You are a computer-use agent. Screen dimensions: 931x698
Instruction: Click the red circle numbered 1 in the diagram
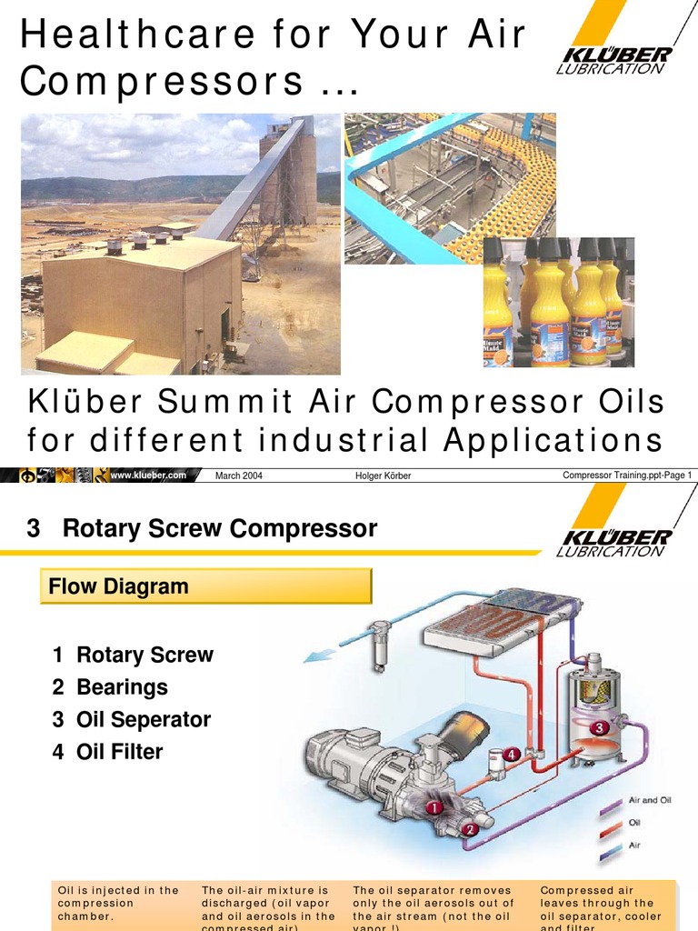(x=434, y=806)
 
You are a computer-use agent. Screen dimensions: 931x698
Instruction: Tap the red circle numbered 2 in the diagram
(x=469, y=829)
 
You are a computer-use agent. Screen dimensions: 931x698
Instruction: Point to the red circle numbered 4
(x=512, y=754)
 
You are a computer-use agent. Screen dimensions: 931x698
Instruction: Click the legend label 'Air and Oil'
(x=650, y=801)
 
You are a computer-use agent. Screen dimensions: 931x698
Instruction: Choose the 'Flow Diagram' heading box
(x=206, y=586)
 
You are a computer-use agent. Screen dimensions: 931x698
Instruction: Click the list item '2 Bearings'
(x=110, y=687)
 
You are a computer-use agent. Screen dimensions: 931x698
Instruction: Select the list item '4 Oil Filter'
(x=107, y=752)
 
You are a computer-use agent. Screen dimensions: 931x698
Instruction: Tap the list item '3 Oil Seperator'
(x=131, y=720)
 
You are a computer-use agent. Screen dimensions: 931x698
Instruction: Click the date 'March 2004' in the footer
(x=239, y=476)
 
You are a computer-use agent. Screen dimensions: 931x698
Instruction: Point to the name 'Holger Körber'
(x=383, y=476)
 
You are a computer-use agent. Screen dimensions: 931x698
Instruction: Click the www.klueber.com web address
(x=148, y=475)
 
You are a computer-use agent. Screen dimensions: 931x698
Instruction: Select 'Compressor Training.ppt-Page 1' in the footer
(x=627, y=475)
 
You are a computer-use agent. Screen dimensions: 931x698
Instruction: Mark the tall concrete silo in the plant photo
(x=289, y=173)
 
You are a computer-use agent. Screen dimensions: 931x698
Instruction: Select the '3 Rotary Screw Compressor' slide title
(x=202, y=528)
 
